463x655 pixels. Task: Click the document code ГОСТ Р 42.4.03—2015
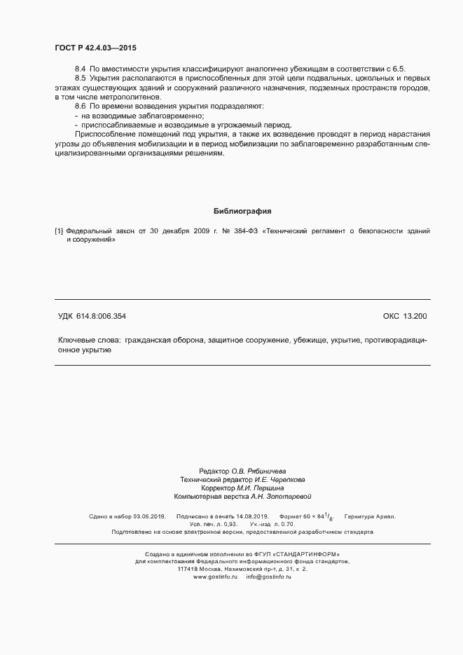(95, 48)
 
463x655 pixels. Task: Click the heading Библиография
(242, 211)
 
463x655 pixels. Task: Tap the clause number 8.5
(80, 79)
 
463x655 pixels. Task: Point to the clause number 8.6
(80, 106)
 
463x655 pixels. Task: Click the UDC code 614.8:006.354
(102, 317)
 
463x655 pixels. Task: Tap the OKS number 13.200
(414, 317)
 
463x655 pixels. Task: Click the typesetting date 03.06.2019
(149, 516)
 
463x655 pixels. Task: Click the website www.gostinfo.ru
(211, 577)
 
